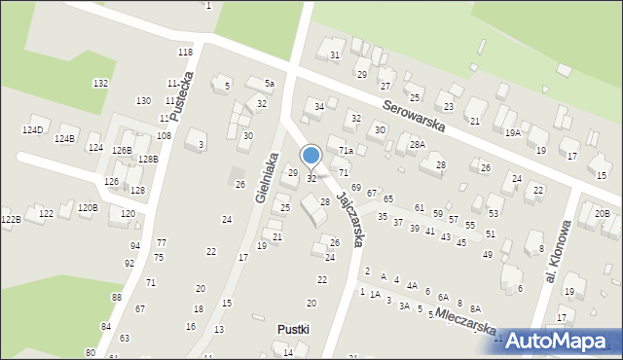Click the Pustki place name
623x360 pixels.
(292, 329)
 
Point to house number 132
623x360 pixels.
(100, 84)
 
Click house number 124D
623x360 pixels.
(33, 129)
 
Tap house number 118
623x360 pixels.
(185, 52)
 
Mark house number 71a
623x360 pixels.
(346, 151)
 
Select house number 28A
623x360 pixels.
(418, 144)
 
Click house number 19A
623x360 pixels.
(512, 132)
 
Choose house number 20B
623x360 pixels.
(602, 213)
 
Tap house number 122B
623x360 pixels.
(11, 220)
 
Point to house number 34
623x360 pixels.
(318, 106)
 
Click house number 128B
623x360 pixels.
(148, 159)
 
